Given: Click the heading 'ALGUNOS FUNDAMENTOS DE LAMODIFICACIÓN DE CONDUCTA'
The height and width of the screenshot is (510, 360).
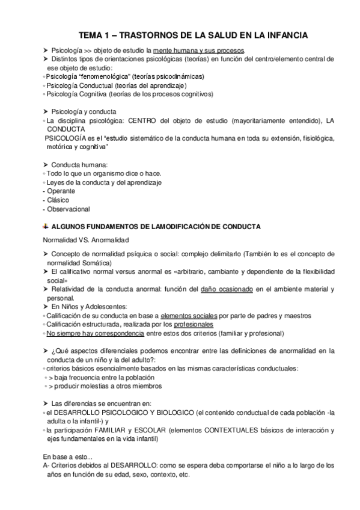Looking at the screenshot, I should (157, 227).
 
